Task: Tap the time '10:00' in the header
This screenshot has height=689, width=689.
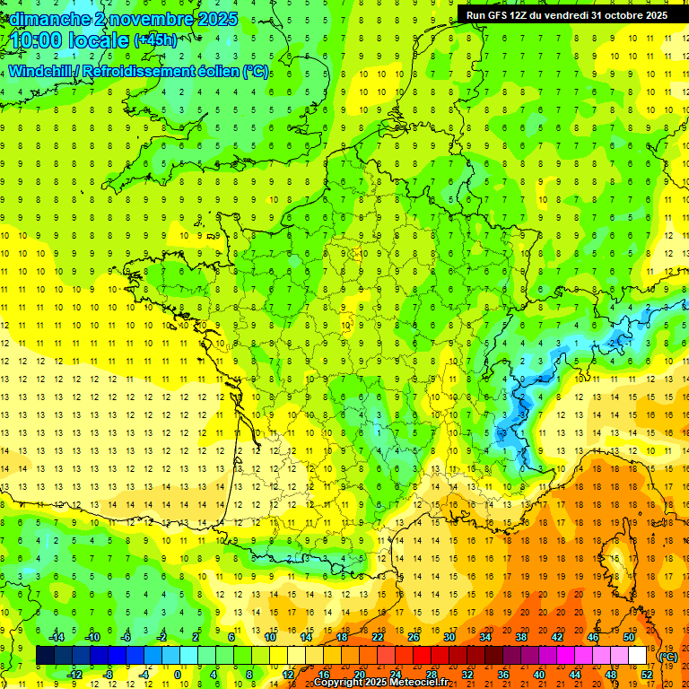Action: point(38,40)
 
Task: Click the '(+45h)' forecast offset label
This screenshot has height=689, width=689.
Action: point(155,40)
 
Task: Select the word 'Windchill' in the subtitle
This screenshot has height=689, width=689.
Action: point(44,71)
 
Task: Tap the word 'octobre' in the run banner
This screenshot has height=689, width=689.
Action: point(618,15)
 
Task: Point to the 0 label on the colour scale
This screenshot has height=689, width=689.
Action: point(177,674)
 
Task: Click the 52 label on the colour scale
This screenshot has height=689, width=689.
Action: point(646,674)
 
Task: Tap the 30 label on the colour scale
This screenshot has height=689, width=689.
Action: point(449,637)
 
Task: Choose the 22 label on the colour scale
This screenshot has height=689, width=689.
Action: point(378,637)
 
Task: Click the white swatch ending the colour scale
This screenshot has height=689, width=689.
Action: point(637,655)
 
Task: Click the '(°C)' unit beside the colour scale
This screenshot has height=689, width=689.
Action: point(667,657)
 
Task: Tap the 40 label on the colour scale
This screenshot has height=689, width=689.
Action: point(539,674)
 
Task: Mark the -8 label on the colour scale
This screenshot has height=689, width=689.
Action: point(108,674)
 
